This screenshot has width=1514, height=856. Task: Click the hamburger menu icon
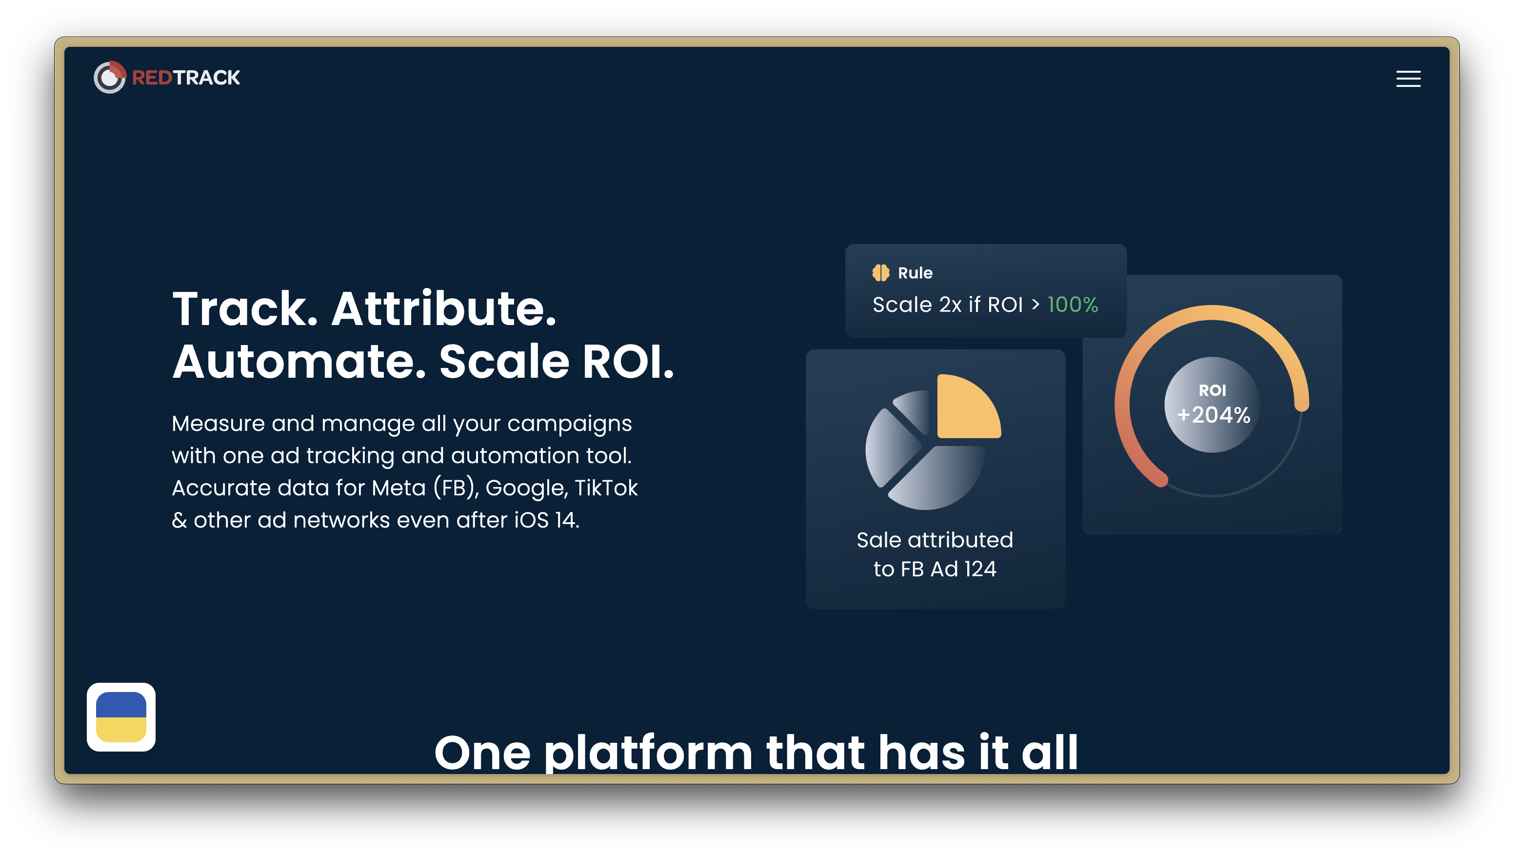pos(1408,79)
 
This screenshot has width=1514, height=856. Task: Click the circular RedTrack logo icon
pos(110,77)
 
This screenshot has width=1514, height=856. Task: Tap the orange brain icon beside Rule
pos(880,273)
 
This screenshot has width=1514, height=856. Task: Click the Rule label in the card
pos(915,273)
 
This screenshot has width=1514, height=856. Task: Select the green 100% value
pos(1073,305)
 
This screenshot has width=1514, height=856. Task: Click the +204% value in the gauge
pos(1213,415)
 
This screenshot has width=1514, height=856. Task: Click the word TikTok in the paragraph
pos(606,488)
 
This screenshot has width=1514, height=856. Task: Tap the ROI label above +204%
pos(1213,390)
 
